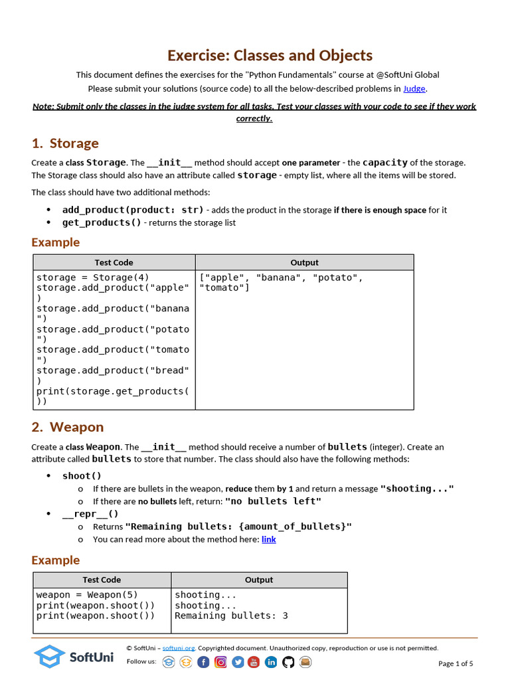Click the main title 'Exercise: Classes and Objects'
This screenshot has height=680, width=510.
click(270, 55)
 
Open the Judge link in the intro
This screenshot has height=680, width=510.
click(414, 88)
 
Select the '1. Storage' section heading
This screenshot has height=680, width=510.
click(65, 143)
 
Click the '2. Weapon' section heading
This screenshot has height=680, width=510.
click(68, 427)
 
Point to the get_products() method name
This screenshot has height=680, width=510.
click(102, 222)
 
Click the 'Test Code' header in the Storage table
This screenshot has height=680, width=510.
click(114, 262)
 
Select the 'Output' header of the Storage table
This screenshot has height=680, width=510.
click(304, 262)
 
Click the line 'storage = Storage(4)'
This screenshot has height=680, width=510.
click(93, 278)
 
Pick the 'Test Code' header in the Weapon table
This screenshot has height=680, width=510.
click(102, 580)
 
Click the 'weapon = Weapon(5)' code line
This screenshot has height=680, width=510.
click(87, 595)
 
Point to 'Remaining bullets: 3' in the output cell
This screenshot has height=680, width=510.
click(231, 616)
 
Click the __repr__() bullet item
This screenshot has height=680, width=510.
click(90, 513)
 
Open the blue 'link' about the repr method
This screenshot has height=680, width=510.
click(268, 539)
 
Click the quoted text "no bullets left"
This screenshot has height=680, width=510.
click(273, 501)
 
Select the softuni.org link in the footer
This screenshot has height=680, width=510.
click(178, 648)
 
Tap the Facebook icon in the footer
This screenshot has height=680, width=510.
click(203, 662)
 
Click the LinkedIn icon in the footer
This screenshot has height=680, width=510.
click(271, 662)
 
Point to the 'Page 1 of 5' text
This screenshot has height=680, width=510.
click(456, 663)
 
